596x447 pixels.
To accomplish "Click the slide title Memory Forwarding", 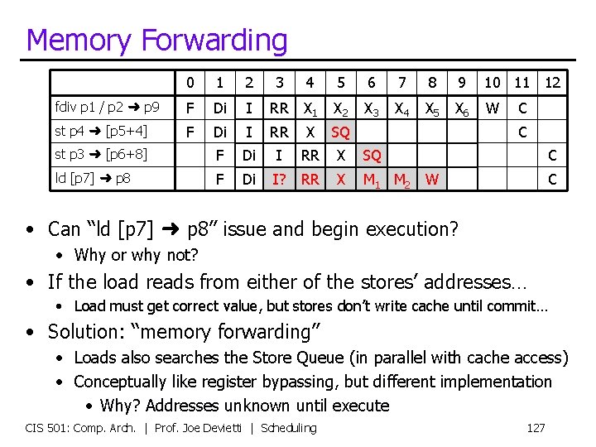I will [x=157, y=40].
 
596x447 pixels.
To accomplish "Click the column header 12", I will [x=552, y=83].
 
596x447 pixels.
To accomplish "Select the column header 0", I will [x=190, y=83].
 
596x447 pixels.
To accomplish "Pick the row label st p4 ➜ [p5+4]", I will [x=101, y=132].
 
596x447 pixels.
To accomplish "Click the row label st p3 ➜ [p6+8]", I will [x=101, y=154].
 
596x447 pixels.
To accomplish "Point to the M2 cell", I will [x=401, y=179].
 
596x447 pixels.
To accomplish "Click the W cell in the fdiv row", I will [x=492, y=108].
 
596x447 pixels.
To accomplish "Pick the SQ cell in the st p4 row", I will [x=339, y=132].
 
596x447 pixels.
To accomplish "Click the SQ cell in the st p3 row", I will [x=371, y=155].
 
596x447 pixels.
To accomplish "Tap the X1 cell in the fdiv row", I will [x=310, y=108].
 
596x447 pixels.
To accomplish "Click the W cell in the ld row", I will [x=431, y=178].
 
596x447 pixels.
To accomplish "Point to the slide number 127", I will [x=536, y=428].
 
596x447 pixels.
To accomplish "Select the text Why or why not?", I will [x=136, y=255].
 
